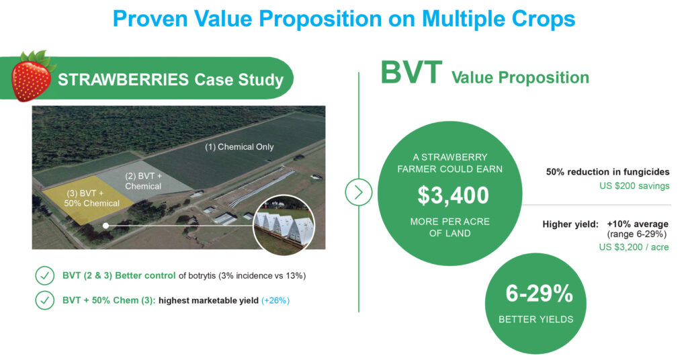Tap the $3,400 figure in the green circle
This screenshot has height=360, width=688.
pos(452,195)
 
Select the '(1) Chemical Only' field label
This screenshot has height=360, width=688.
pos(239,147)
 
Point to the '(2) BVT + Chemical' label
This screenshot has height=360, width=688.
pos(144,181)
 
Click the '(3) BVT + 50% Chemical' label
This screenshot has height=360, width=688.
pos(91,198)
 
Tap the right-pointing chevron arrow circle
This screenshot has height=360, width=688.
pos(359,193)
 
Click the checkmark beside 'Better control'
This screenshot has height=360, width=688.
pos(44,276)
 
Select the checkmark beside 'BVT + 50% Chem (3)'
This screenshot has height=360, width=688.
pos(44,301)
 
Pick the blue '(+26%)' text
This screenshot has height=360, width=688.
pos(275,301)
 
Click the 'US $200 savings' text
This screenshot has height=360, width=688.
pos(634,186)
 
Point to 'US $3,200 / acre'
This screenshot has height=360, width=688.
pos(634,247)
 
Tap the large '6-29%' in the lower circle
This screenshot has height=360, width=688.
pos(540,294)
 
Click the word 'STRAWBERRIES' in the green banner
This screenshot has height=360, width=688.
pos(124,80)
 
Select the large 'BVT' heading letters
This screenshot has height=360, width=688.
pos(411,73)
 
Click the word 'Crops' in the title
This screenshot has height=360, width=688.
pos(543,19)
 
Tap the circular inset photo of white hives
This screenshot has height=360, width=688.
pos(284,225)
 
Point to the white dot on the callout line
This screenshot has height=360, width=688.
pos(105,226)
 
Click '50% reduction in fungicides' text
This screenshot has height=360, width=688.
pos(607,172)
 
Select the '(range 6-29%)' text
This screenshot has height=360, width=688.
pos(637,234)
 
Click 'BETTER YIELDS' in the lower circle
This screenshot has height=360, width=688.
pos(535,319)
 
